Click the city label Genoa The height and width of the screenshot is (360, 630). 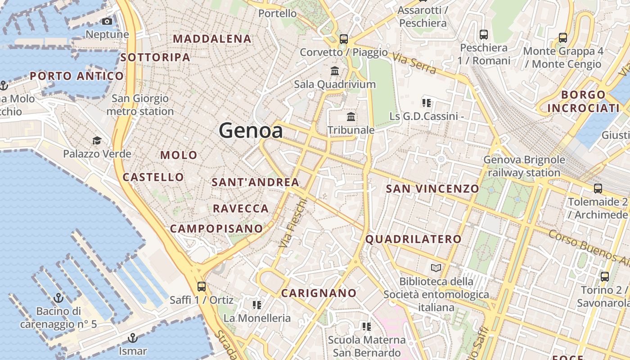[x=251, y=131]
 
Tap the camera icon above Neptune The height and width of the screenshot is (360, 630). [x=107, y=22]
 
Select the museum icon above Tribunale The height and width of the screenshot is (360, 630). [x=351, y=117]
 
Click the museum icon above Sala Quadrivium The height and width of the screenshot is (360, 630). [x=335, y=71]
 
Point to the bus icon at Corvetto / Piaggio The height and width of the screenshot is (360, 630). [x=344, y=39]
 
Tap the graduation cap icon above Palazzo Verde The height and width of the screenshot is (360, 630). [x=97, y=141]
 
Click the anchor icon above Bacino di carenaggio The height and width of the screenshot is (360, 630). [x=58, y=298]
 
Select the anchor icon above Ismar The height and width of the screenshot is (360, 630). [x=132, y=337]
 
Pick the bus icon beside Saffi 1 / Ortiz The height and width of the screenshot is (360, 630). [x=202, y=287]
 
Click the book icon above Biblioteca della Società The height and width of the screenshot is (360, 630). [x=436, y=268]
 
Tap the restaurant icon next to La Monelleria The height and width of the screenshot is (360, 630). [x=257, y=305]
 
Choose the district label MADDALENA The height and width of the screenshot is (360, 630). [x=212, y=39]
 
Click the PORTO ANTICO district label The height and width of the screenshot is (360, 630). [x=76, y=76]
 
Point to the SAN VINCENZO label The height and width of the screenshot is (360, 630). [x=432, y=189]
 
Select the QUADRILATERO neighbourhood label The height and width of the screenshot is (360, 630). [x=413, y=239]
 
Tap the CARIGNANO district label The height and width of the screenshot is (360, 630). [x=319, y=293]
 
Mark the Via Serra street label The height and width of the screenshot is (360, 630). [x=414, y=63]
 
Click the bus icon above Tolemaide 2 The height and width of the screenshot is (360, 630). [x=598, y=189]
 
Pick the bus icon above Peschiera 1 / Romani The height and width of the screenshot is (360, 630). [x=484, y=35]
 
